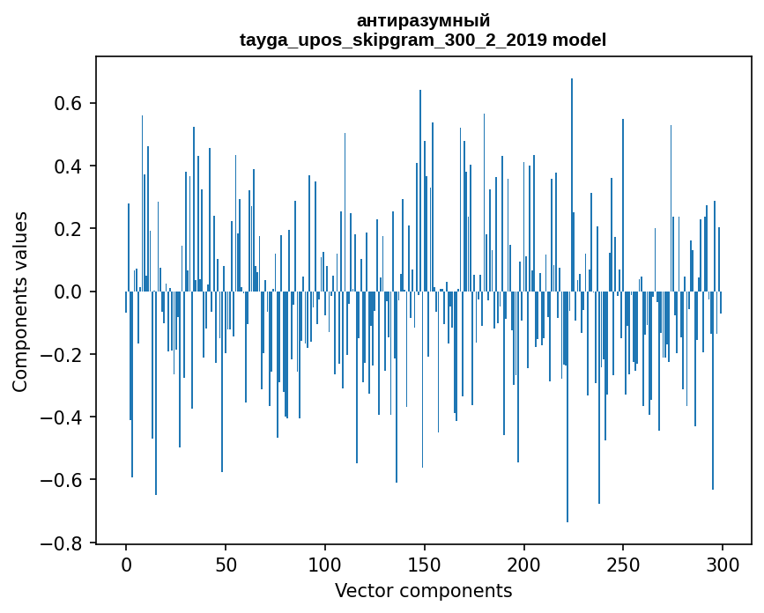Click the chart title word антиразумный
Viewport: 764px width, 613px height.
423,20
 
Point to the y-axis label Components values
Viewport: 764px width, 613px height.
20,301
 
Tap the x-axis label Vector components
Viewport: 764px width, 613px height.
423,590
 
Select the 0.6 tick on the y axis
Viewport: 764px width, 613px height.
70,103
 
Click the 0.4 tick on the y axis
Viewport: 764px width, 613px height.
70,166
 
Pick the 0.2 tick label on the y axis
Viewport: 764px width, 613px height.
70,229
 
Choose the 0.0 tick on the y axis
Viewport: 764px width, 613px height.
70,292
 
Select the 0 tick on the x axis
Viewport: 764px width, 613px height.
126,563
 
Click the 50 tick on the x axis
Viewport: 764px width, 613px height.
226,563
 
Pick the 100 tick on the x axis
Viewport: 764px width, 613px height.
325,563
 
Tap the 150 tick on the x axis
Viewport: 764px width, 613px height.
425,563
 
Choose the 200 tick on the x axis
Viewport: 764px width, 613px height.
524,563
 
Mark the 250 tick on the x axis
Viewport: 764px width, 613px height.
624,563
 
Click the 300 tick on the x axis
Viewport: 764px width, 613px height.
723,563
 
